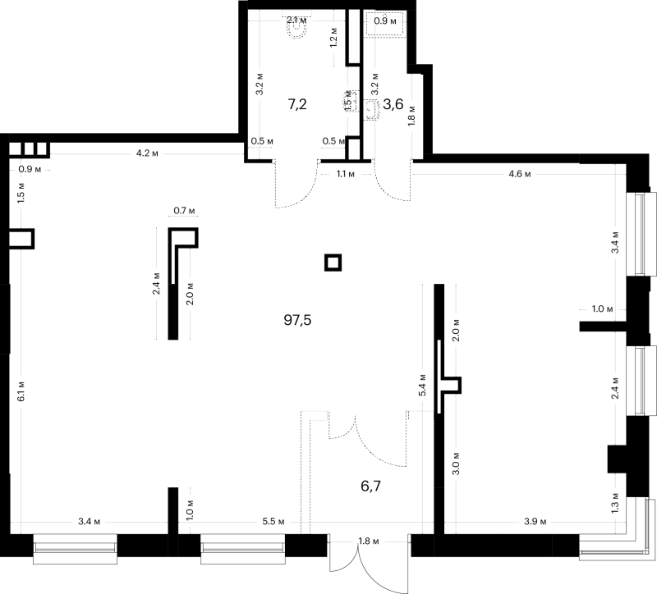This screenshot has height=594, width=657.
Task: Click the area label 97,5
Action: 297,320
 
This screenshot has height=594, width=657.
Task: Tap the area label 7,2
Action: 297,104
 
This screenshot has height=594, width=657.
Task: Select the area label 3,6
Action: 393,104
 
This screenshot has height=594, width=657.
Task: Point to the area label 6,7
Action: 371,486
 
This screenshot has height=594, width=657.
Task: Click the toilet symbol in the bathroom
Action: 297,29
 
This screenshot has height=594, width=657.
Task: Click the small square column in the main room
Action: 333,263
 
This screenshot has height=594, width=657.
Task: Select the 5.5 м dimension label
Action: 273,522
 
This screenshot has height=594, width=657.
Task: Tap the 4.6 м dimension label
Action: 520,174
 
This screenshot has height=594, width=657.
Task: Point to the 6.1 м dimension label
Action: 22,391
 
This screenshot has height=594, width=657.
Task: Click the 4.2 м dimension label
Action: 147,153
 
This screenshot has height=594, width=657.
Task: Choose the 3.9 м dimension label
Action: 535,522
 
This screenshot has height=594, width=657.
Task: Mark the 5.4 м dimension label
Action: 422,385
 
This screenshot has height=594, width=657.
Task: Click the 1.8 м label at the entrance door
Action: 368,541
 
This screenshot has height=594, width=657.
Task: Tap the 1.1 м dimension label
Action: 345,174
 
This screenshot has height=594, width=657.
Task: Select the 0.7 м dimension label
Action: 184,211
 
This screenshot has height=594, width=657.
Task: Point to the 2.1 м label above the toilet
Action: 296,20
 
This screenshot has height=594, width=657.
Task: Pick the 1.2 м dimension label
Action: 334,38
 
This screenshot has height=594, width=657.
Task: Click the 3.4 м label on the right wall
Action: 615,242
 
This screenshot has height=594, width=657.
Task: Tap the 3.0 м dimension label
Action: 457,464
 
